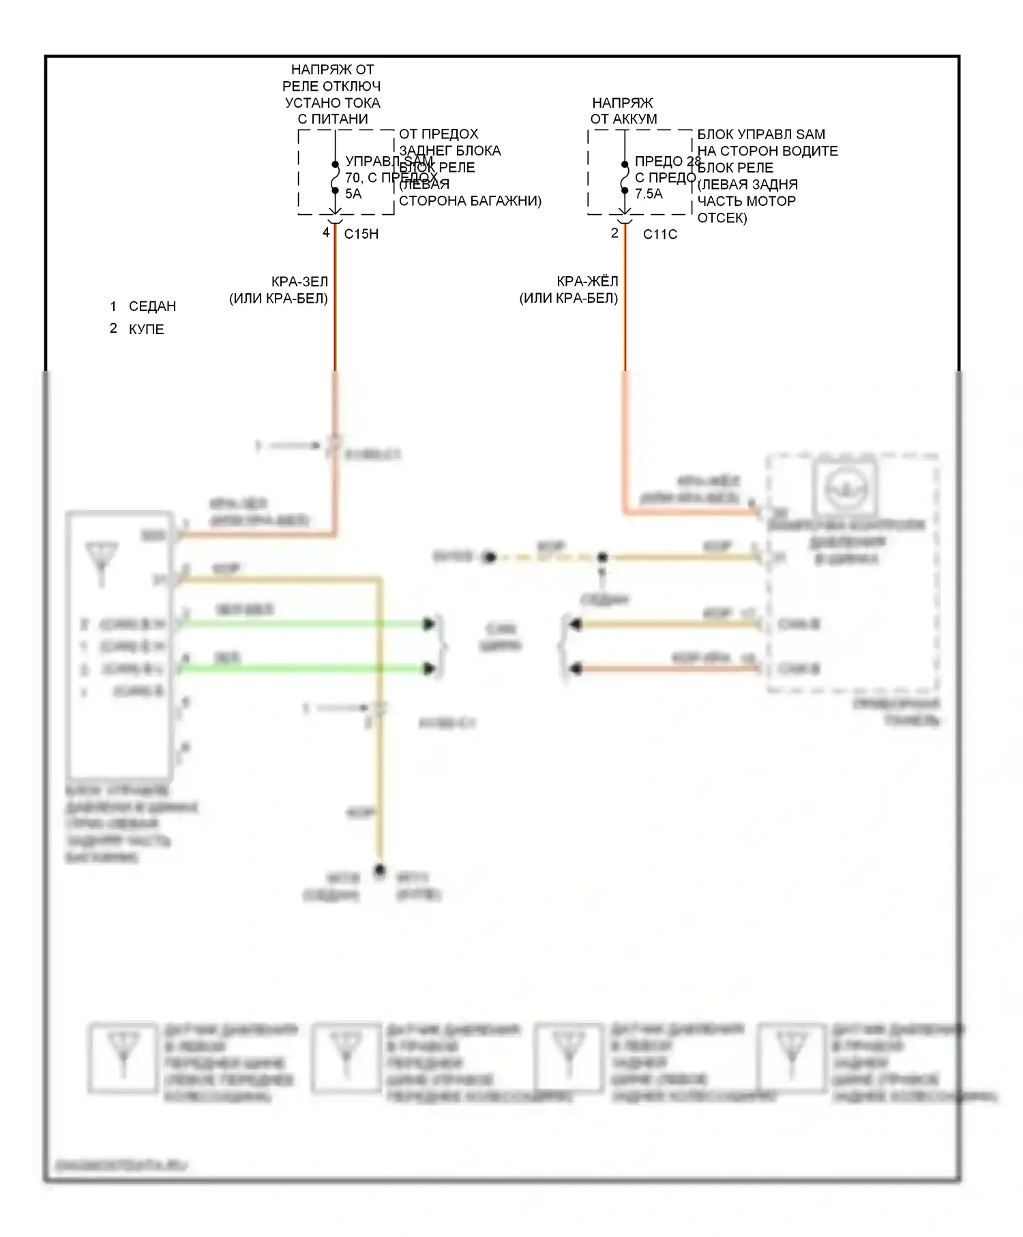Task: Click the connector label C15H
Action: pyautogui.click(x=361, y=234)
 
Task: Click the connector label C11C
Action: pyautogui.click(x=659, y=234)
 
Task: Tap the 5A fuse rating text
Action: pyautogui.click(x=353, y=194)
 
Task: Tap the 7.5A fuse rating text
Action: pyautogui.click(x=648, y=194)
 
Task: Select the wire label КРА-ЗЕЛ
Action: pyautogui.click(x=299, y=281)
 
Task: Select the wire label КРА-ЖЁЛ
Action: pyautogui.click(x=587, y=281)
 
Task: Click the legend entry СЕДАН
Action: pyautogui.click(x=152, y=306)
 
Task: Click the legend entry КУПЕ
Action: pyautogui.click(x=146, y=329)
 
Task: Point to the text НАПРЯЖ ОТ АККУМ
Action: pyautogui.click(x=623, y=110)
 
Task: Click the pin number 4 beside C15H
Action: pyautogui.click(x=326, y=233)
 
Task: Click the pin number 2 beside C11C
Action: pyautogui.click(x=614, y=233)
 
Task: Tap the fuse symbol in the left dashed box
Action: pyautogui.click(x=335, y=177)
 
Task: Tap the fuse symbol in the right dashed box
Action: pyautogui.click(x=625, y=177)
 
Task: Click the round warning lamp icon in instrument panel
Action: pyautogui.click(x=844, y=488)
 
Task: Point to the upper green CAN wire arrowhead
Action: pyautogui.click(x=429, y=624)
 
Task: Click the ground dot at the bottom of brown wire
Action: pyautogui.click(x=380, y=871)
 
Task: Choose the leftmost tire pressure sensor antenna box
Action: pyautogui.click(x=123, y=1058)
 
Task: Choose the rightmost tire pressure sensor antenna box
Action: pyautogui.click(x=792, y=1058)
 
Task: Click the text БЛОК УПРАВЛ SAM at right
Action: pyautogui.click(x=760, y=134)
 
